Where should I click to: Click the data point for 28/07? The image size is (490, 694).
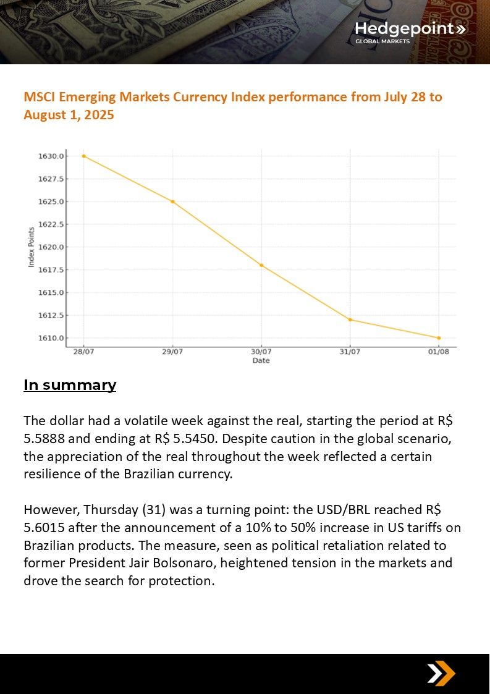(x=83, y=156)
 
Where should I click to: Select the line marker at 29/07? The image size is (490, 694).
(x=172, y=201)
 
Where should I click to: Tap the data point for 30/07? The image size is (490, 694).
(x=261, y=265)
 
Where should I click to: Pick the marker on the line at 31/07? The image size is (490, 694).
(x=350, y=319)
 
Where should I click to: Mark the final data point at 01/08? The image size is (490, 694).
(x=439, y=338)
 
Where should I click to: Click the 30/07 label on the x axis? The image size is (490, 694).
(x=261, y=352)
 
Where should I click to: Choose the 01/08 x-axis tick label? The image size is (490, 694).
(x=439, y=352)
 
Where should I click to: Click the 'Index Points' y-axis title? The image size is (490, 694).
(x=32, y=247)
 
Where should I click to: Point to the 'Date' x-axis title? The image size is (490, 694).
(x=261, y=360)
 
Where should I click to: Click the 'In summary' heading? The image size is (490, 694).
(x=70, y=385)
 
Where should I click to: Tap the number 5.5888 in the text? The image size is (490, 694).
(x=48, y=439)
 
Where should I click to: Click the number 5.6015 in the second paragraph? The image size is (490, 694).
(x=48, y=528)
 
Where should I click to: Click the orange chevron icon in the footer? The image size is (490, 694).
(x=441, y=673)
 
